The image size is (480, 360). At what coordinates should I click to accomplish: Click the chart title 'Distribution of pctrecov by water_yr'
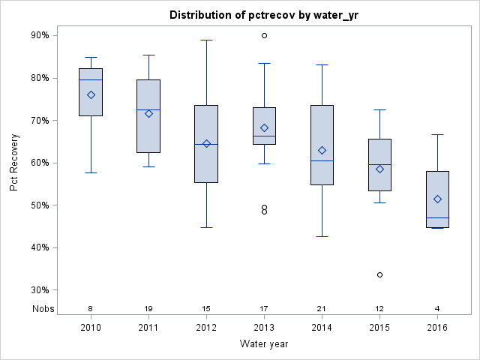click(x=263, y=15)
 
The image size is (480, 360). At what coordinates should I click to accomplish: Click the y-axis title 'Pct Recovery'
click(x=14, y=163)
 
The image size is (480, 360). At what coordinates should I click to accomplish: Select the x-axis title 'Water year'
click(x=263, y=343)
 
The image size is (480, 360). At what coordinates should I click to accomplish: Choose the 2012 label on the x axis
click(x=206, y=327)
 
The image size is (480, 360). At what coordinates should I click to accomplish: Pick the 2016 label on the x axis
click(x=437, y=327)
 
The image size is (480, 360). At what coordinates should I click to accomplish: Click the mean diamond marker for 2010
click(x=91, y=94)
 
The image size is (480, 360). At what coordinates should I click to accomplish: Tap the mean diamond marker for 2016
click(x=437, y=199)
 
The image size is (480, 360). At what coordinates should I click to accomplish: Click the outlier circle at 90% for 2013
click(x=264, y=35)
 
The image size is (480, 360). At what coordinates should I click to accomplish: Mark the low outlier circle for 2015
click(x=379, y=274)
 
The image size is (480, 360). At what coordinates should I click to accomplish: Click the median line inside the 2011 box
click(x=148, y=109)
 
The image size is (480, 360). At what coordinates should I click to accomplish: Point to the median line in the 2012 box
click(x=206, y=144)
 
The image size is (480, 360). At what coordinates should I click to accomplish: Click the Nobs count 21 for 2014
click(x=322, y=309)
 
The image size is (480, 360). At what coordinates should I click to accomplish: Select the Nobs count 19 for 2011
click(x=148, y=309)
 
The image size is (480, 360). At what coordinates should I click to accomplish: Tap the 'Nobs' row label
click(x=43, y=309)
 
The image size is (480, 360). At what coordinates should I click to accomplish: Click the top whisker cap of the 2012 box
click(x=206, y=40)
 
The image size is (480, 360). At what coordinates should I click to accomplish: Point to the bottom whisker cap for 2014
click(x=322, y=236)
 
